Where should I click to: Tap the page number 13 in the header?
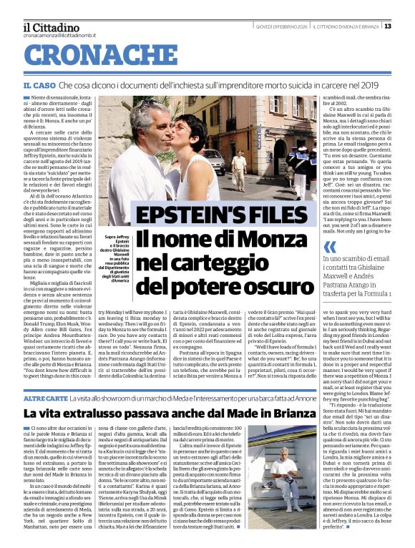tap(407, 26)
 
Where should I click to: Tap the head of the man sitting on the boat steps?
tap(285, 457)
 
